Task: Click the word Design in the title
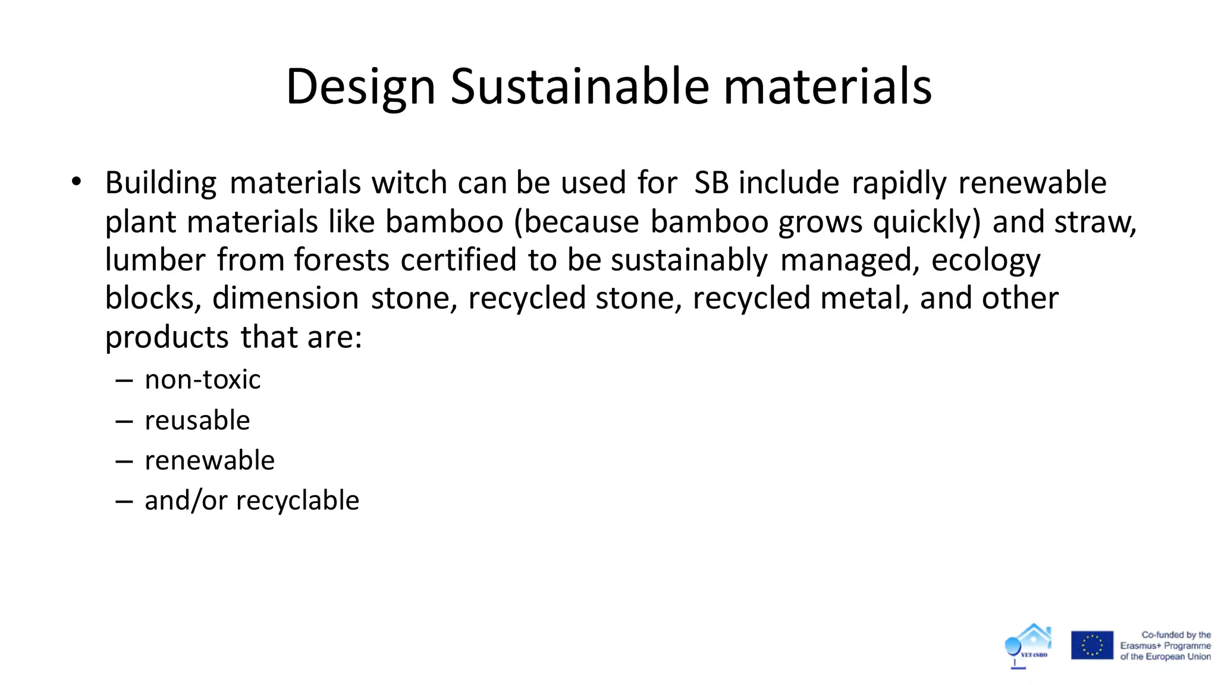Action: tap(360, 87)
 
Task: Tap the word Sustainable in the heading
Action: tap(579, 87)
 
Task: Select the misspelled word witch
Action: tap(409, 183)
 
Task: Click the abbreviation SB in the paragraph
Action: tap(711, 183)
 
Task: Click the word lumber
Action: tap(155, 260)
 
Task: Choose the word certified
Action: tap(458, 260)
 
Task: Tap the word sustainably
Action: tap(689, 260)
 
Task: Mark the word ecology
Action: tap(985, 260)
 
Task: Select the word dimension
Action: tap(285, 298)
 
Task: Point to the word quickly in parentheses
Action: tap(926, 222)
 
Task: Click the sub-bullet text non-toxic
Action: tap(202, 379)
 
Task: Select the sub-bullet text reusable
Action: tap(197, 420)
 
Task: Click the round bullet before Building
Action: tap(76, 182)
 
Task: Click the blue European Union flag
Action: tap(1092, 645)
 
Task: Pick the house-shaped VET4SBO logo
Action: tap(1029, 644)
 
